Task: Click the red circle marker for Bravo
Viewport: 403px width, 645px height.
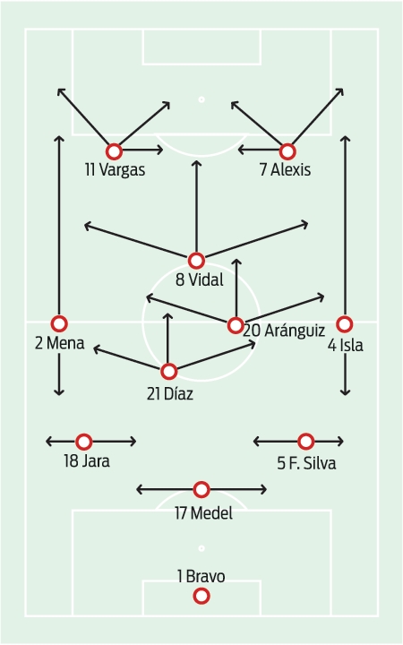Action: click(201, 596)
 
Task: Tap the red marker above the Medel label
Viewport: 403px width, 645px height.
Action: click(201, 489)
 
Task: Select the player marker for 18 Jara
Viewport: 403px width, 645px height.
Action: click(84, 442)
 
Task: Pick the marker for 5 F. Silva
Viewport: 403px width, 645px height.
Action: click(305, 442)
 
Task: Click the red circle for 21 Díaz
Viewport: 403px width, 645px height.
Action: click(168, 372)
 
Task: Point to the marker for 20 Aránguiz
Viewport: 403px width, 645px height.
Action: click(236, 325)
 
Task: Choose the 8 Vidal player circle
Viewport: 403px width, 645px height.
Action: click(196, 261)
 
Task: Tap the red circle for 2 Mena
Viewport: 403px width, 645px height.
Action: click(59, 323)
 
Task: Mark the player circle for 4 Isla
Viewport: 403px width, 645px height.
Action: click(345, 324)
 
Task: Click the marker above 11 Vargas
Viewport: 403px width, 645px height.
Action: click(114, 151)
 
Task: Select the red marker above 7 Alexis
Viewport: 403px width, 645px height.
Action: click(287, 151)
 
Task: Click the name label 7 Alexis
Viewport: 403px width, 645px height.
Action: click(285, 170)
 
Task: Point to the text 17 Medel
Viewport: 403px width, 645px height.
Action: click(203, 513)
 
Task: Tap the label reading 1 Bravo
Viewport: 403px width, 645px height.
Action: click(201, 576)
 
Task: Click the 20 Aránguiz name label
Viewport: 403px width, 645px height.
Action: click(284, 331)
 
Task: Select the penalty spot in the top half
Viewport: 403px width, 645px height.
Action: click(201, 99)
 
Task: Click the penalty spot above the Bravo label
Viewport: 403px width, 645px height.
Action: click(201, 548)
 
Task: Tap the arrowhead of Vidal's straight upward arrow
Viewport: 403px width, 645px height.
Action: click(196, 161)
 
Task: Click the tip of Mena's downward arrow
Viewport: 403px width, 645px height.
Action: click(59, 395)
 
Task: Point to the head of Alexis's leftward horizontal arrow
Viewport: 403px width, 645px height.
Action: click(238, 150)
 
